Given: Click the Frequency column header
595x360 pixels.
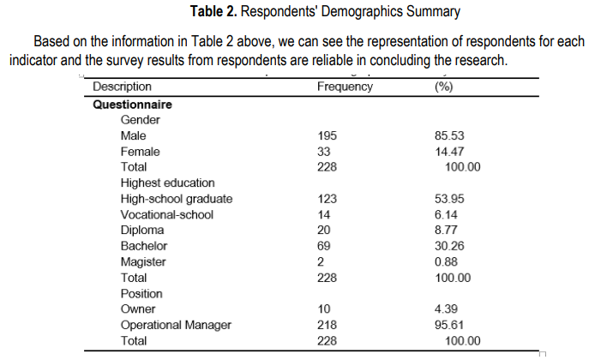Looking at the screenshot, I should (x=345, y=87).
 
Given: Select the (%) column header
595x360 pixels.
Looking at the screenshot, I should (x=444, y=87).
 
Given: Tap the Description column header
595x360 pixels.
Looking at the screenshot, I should (x=122, y=87).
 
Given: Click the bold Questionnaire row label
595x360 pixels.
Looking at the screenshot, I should (x=132, y=105).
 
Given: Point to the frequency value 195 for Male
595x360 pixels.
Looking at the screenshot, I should (x=327, y=135).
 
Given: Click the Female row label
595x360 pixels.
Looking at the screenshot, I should (x=141, y=152).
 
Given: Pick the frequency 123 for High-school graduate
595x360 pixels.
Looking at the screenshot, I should (x=327, y=199).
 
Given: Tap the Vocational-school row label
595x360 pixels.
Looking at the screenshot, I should (x=166, y=214).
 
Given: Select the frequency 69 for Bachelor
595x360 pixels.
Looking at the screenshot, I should (x=323, y=246).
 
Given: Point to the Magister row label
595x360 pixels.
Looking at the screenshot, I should (x=143, y=262).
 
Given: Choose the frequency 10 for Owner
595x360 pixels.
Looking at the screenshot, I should (x=323, y=309).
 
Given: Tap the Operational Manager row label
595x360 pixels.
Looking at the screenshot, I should (x=176, y=325).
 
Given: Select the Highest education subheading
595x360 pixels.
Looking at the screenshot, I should (x=167, y=183).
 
